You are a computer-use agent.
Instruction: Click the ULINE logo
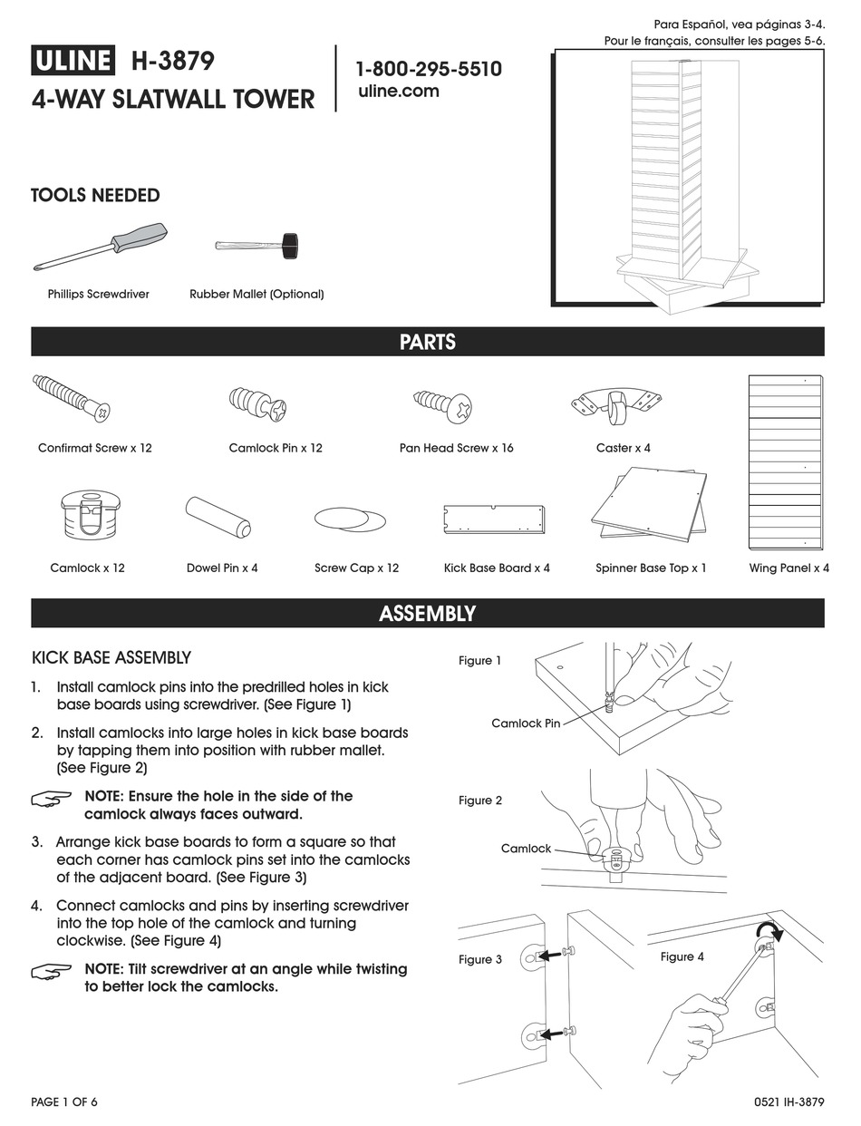(x=73, y=61)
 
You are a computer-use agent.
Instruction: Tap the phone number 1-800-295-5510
(x=428, y=69)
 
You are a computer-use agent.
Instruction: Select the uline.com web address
(x=399, y=91)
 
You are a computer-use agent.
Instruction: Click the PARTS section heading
(x=428, y=342)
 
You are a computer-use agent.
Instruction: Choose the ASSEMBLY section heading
(x=428, y=614)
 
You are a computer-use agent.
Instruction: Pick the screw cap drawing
(x=350, y=519)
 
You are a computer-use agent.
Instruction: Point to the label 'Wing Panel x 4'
(x=788, y=568)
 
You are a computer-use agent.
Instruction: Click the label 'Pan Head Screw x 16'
(x=456, y=448)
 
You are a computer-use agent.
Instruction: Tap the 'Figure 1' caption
(x=479, y=661)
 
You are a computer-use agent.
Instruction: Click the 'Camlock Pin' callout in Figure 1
(x=526, y=723)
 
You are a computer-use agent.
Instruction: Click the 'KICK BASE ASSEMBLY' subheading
(x=111, y=657)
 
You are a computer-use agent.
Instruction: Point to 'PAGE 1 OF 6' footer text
(x=64, y=1102)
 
